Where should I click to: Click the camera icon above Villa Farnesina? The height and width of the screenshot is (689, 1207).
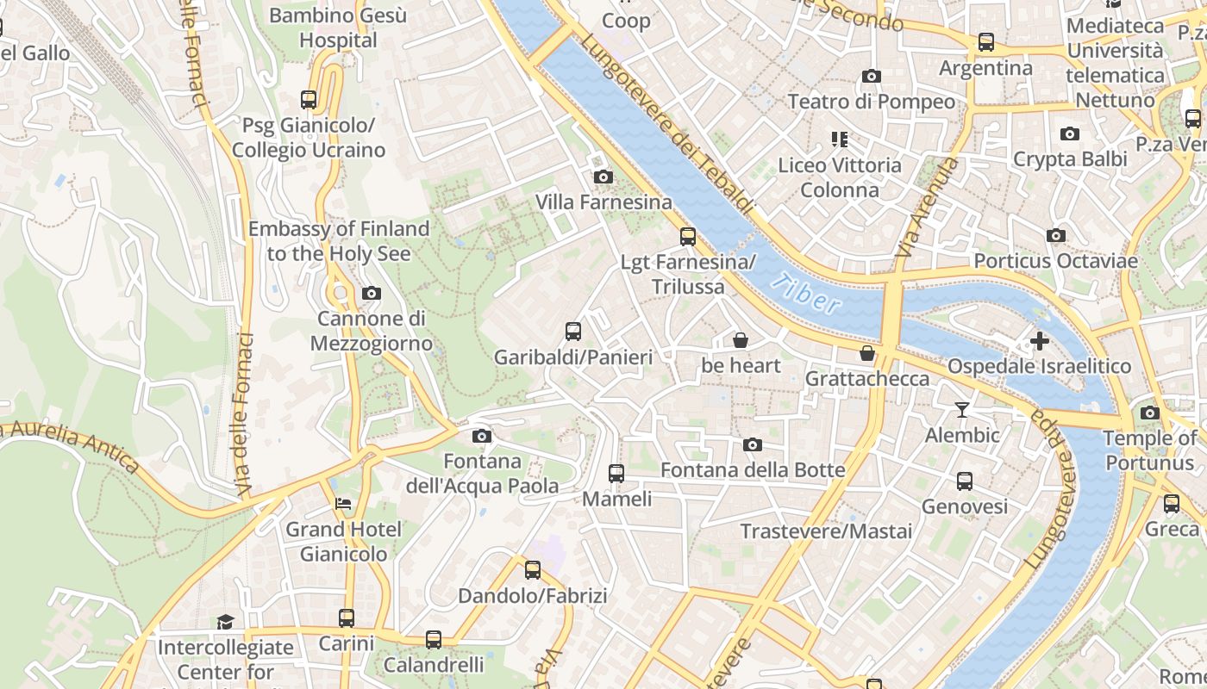(x=603, y=177)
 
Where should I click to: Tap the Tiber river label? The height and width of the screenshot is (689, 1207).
(x=806, y=294)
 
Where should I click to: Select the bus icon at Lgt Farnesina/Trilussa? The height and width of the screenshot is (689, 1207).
(x=687, y=236)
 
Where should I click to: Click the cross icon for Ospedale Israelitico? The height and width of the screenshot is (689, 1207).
(x=1039, y=341)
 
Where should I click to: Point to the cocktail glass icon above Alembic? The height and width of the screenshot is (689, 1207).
(x=962, y=410)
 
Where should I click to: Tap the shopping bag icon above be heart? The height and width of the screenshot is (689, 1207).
(x=740, y=340)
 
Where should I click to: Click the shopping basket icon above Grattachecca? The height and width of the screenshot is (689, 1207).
(x=867, y=353)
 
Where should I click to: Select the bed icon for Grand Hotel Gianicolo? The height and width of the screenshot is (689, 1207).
(x=343, y=503)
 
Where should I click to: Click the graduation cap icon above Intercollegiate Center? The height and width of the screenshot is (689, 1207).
(x=225, y=622)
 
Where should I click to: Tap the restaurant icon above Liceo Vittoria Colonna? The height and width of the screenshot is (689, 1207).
(x=839, y=139)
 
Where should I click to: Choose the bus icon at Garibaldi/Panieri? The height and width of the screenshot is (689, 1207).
(x=572, y=331)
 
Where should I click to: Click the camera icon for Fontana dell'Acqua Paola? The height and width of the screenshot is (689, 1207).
(x=482, y=436)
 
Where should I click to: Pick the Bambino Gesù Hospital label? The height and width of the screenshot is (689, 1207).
(x=338, y=28)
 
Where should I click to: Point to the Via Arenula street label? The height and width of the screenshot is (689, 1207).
(x=927, y=208)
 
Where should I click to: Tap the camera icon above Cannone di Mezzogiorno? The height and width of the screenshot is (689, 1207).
(x=371, y=294)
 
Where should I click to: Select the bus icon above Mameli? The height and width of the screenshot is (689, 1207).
(x=616, y=473)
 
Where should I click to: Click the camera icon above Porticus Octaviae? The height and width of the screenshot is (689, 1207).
(x=1055, y=235)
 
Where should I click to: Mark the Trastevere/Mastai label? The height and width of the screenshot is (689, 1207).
(x=826, y=531)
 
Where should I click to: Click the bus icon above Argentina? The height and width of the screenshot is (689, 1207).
(x=985, y=41)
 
